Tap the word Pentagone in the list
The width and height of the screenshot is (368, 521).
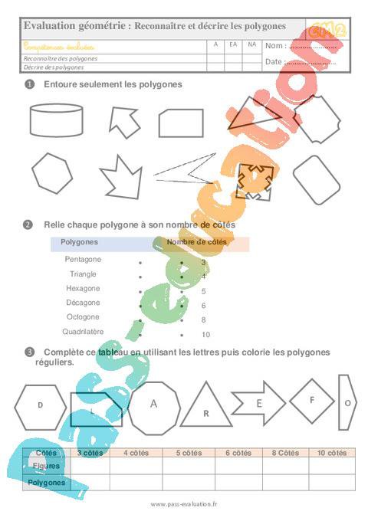point(84,260)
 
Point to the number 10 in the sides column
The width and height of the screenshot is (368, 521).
point(205,335)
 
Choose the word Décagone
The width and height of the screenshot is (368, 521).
point(84,303)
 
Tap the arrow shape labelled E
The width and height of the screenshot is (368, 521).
point(258,402)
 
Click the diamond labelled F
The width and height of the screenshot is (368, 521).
point(312,400)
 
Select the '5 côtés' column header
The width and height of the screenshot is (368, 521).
point(188,453)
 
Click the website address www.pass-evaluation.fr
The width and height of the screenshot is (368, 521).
point(184,504)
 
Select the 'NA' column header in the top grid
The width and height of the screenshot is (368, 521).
point(251,44)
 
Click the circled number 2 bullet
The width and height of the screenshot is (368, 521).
point(28,225)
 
